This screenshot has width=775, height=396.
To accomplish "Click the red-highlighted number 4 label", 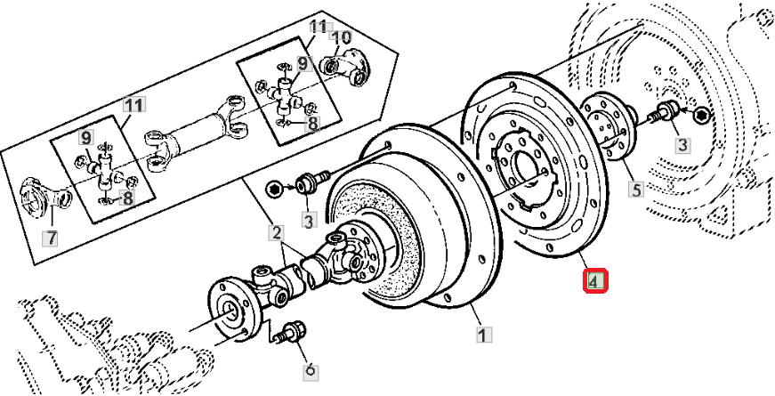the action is (595, 281).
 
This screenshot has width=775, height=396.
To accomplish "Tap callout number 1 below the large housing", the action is (483, 335).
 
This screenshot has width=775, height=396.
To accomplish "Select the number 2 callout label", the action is (276, 232).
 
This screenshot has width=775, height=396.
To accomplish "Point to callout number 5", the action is (635, 189).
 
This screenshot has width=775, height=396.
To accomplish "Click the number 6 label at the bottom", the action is (311, 371).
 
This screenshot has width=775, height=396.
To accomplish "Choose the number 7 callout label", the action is (51, 238).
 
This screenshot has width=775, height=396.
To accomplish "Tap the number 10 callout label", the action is (341, 37).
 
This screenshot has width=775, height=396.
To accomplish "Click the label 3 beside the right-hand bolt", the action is (682, 145).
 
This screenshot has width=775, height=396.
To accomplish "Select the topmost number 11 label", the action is (319, 26).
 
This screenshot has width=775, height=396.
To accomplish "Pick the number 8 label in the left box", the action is (127, 198).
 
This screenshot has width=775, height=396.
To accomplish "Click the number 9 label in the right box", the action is (303, 63).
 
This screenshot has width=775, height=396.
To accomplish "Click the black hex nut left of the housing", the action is (273, 189).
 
